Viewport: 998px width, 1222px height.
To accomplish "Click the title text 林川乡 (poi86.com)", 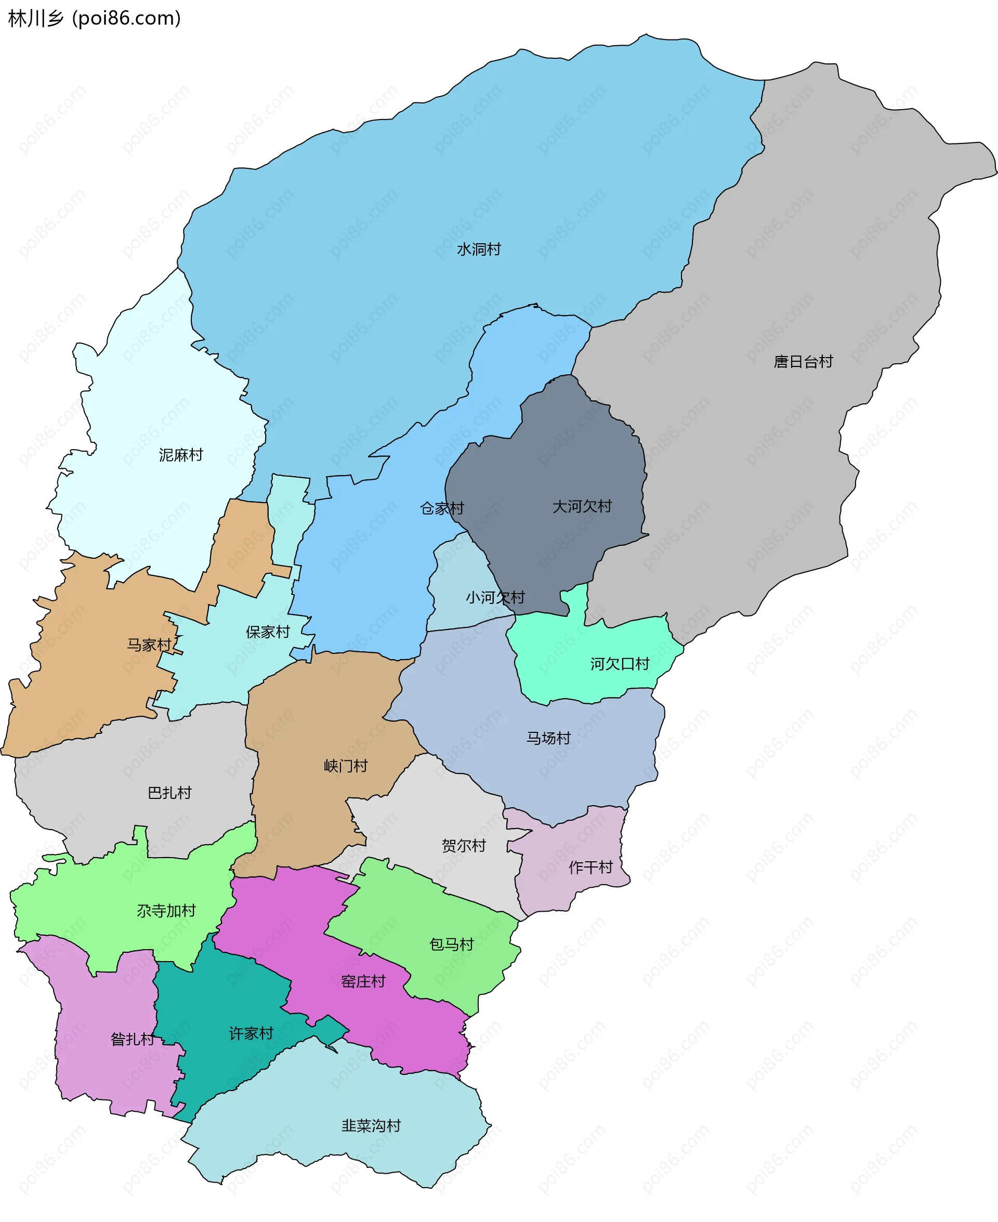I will [94, 18].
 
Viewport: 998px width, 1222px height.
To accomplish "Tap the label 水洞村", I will [478, 249].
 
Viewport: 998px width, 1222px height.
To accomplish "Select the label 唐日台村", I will [803, 362].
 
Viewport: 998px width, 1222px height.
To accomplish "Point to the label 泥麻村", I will [181, 455].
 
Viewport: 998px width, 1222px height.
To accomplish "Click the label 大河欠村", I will [582, 506].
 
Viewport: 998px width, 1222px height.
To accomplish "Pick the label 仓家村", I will [441, 508].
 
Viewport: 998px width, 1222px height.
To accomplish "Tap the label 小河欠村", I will [495, 597].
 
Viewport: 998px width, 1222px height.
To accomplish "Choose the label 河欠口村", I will [619, 664].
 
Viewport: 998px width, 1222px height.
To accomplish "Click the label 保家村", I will [267, 632].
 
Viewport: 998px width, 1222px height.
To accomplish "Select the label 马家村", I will [149, 645].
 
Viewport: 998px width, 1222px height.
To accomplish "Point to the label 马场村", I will [548, 738].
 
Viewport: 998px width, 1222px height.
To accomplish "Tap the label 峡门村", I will [346, 766].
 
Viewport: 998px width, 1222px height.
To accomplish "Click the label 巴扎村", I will [169, 793].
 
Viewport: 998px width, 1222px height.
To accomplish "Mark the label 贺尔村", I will [463, 846].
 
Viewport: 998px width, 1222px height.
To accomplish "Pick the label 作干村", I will [590, 867].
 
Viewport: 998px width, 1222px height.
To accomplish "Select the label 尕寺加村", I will [166, 911].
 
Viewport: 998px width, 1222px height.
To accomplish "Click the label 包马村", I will [451, 944].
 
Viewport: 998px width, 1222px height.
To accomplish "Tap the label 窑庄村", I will [363, 981].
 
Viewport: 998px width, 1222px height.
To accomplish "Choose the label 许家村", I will [251, 1033].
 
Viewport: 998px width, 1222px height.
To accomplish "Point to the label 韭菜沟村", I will [371, 1125].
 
